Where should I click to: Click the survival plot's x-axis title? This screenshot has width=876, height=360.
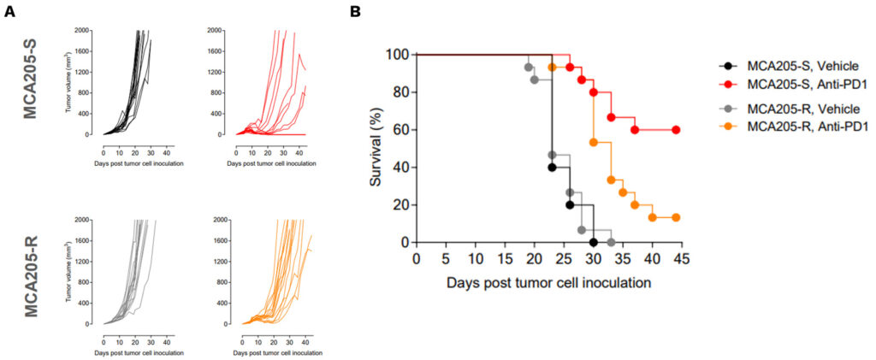pyautogui.click(x=548, y=281)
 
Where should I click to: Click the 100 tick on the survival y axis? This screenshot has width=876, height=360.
pyautogui.click(x=396, y=55)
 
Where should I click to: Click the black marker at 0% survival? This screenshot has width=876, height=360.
pyautogui.click(x=593, y=242)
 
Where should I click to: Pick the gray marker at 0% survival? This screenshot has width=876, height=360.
pyautogui.click(x=611, y=242)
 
